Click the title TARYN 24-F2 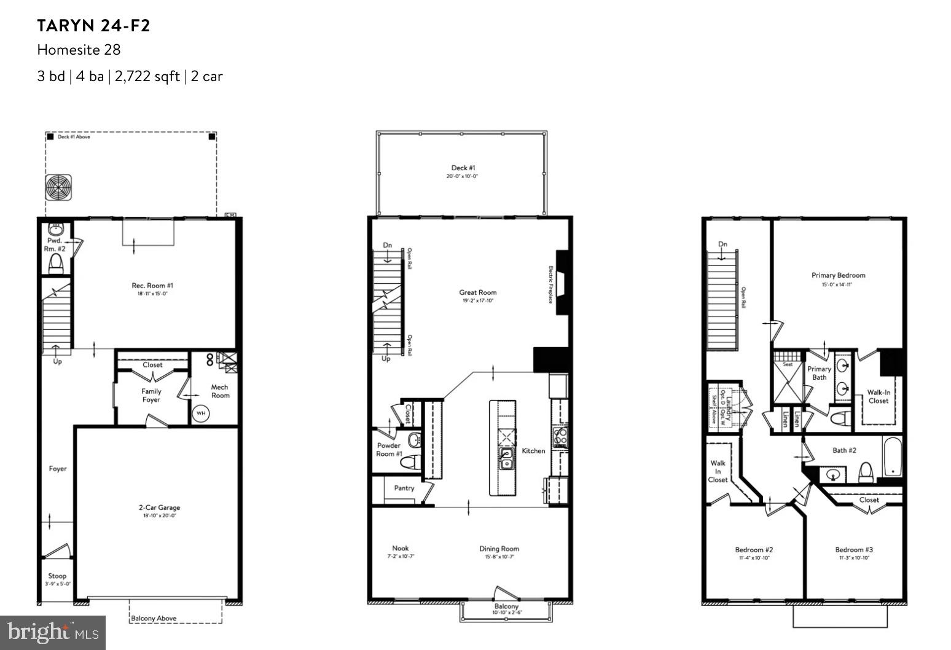click(93, 26)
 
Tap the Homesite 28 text click(79, 50)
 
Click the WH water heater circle click(201, 413)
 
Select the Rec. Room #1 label click(152, 286)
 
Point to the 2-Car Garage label click(159, 507)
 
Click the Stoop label click(57, 576)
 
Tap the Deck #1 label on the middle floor click(463, 168)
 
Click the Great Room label click(477, 292)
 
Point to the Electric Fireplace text click(551, 284)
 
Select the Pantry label click(404, 488)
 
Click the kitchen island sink click(507, 458)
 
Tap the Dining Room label click(499, 549)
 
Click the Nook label click(400, 548)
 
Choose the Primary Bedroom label click(838, 275)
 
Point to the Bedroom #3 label click(853, 550)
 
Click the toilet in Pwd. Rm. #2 click(56, 264)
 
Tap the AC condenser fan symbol click(58, 187)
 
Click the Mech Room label click(219, 391)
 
